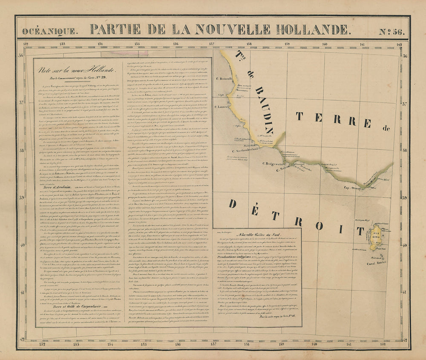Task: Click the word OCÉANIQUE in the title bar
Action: [x=50, y=31]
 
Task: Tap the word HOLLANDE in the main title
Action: [x=308, y=29]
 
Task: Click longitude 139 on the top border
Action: [x=287, y=43]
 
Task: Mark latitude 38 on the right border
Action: [x=405, y=150]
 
